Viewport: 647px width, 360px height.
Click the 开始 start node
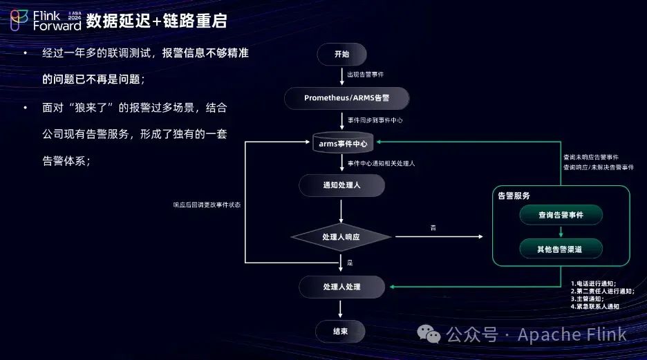coord(341,54)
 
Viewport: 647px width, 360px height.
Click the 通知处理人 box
coord(341,185)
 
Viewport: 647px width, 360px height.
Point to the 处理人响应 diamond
coord(341,237)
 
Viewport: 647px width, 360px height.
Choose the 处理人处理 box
coord(341,286)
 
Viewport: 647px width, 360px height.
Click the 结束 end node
coord(340,331)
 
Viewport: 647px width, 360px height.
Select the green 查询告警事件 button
coord(561,215)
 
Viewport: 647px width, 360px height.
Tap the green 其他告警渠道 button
coord(561,248)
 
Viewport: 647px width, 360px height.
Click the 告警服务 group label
coord(514,196)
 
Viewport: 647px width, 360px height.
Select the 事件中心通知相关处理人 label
coord(381,164)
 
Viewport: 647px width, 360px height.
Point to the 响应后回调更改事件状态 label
coord(207,205)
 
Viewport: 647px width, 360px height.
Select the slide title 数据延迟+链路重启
coord(156,21)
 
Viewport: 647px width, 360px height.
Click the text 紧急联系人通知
coord(598,305)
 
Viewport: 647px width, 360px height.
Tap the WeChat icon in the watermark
coord(433,335)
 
